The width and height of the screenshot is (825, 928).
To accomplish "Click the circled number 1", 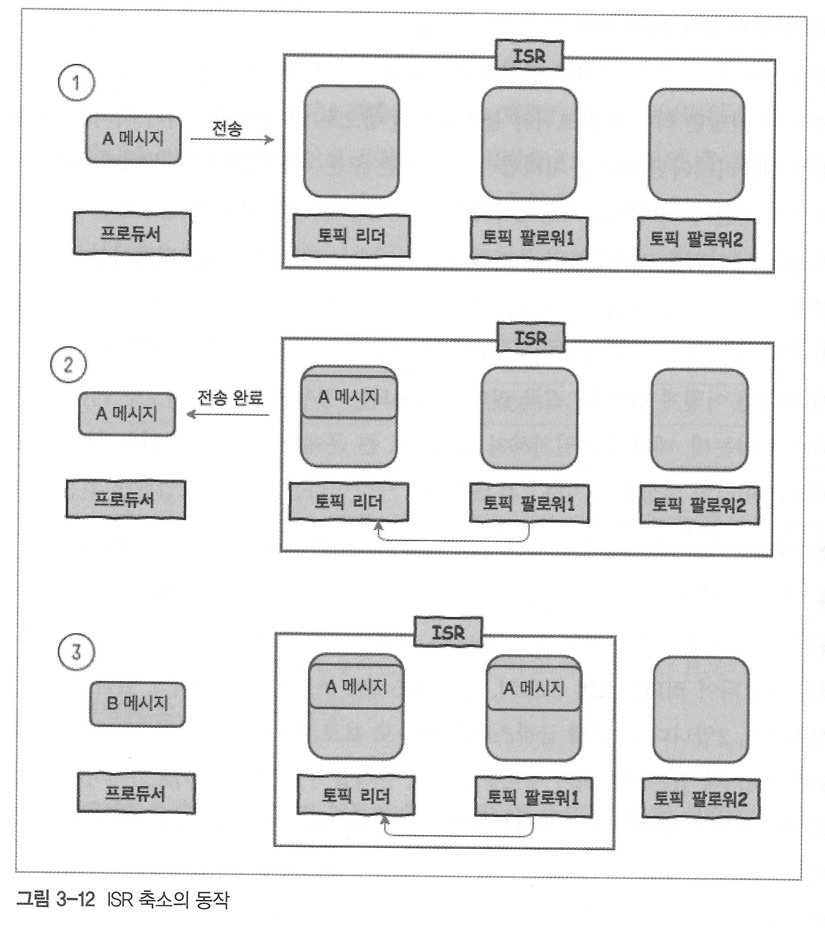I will point(76,83).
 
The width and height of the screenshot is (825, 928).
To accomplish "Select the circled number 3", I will point(76,652).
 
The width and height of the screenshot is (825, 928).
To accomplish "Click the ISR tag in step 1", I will point(529,56).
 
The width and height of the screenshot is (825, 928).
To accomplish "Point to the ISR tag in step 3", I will point(448,632).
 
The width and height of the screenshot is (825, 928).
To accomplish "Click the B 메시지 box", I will point(137,704).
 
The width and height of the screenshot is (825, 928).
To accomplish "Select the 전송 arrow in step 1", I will point(232,139).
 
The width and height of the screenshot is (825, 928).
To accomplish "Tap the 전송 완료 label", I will point(230,398).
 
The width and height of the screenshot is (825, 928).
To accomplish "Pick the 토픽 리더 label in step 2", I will point(349,502).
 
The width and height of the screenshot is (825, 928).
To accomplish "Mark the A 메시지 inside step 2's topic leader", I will point(349,397).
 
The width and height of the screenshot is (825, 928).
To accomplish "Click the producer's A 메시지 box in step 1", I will point(133,139).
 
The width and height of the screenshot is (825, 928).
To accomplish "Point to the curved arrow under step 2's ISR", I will point(454,540).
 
